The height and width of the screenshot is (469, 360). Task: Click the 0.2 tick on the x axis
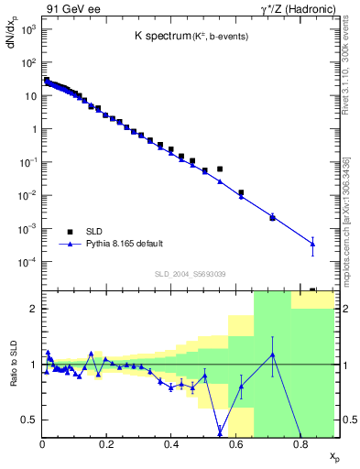coord(106,444)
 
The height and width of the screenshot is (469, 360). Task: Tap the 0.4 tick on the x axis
coord(171,444)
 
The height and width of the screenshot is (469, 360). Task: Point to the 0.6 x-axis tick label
coord(235,444)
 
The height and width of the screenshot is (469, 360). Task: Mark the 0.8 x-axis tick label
coord(300,444)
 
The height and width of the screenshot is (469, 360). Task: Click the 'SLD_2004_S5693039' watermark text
coord(189,273)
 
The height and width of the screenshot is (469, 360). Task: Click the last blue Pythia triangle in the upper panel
coord(312,243)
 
